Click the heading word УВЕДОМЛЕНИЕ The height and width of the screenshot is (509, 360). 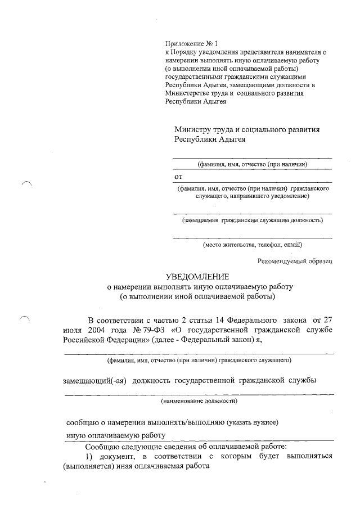click(197, 277)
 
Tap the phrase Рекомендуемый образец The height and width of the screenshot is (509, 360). click(295, 260)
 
